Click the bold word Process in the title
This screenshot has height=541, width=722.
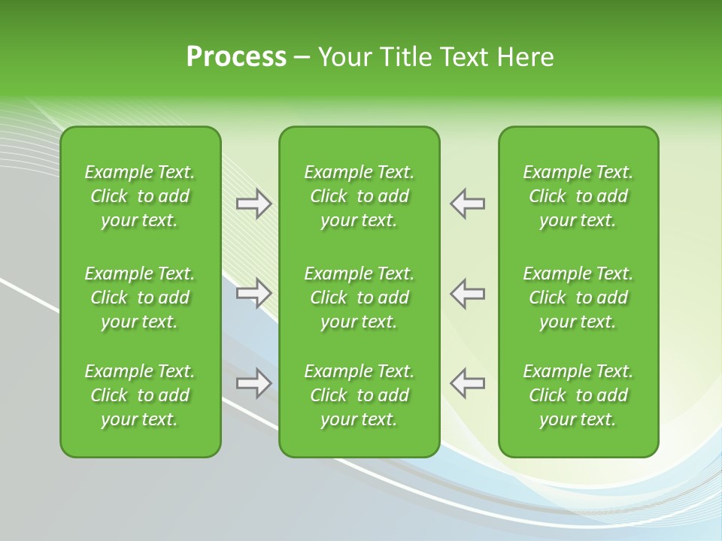tap(236, 57)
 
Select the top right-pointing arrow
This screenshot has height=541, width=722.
tap(254, 204)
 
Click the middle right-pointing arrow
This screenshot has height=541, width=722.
tap(254, 293)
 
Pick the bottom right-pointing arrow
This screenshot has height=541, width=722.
tap(254, 383)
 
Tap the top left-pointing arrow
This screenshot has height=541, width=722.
tap(468, 204)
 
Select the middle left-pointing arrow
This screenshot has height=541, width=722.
tap(468, 293)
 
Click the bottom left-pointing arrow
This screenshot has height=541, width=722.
tap(468, 383)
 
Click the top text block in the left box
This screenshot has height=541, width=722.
tap(140, 196)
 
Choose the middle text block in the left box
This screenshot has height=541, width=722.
tap(140, 298)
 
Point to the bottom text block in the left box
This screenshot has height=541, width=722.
tap(140, 395)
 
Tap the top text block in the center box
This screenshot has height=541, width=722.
tap(359, 196)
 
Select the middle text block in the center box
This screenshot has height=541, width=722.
tap(359, 298)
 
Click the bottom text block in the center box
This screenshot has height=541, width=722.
tap(359, 395)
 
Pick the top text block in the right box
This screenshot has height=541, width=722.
tap(578, 196)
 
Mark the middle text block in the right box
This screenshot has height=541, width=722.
tap(578, 298)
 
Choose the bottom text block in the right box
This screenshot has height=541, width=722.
tap(578, 395)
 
